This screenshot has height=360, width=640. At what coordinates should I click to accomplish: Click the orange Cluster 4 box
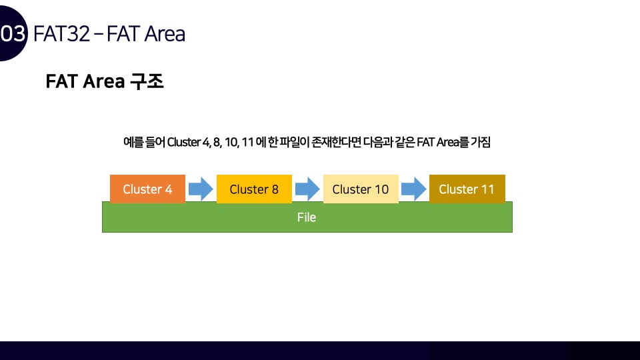click(147, 189)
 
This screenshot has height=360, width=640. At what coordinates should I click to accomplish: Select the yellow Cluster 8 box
click(254, 189)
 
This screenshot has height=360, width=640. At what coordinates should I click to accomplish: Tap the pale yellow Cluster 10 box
click(361, 189)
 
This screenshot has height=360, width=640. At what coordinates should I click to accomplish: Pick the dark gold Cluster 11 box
click(467, 189)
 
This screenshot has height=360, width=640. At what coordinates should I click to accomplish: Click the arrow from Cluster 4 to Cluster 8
click(201, 189)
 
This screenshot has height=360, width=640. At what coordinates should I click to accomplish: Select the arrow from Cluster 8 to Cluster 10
click(307, 189)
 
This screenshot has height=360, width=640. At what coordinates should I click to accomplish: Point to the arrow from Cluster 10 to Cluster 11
click(414, 189)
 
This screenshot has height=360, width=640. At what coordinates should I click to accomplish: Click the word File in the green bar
click(307, 217)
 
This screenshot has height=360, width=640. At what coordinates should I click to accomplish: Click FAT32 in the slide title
click(61, 33)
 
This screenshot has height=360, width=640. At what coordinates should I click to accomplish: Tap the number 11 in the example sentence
click(248, 142)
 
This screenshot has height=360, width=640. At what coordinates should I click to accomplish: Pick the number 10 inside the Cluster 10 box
click(380, 189)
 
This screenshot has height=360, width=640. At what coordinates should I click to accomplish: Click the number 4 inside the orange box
click(168, 189)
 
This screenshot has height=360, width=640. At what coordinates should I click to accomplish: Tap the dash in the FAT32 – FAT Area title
click(98, 34)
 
